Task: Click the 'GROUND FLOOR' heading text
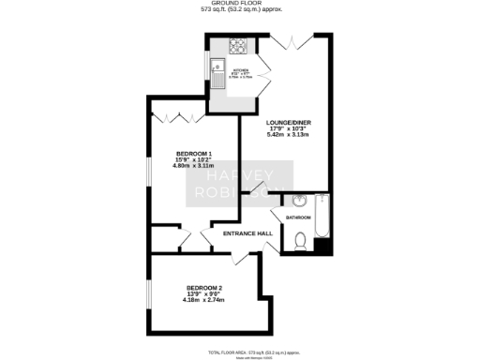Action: point(239,5)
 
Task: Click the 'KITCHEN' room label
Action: point(240,68)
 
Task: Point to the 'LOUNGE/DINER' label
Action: point(286,123)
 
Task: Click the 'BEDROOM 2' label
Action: point(203,287)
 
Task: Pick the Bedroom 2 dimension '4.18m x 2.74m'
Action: point(203,300)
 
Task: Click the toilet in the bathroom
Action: point(300,242)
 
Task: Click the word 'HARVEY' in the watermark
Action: point(240,174)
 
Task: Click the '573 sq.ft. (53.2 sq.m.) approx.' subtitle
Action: point(239,12)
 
